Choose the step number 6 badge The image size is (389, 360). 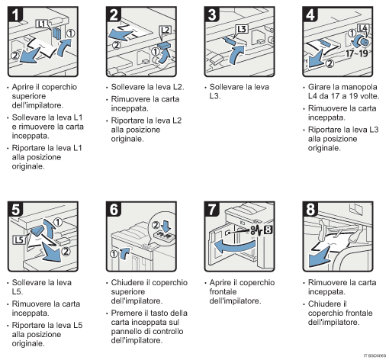(x=114, y=208)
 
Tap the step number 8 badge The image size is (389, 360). (x=310, y=208)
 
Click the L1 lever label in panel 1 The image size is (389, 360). (x=42, y=26)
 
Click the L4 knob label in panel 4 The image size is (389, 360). (x=363, y=28)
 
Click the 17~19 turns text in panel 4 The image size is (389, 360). (x=360, y=55)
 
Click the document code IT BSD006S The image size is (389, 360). (x=370, y=355)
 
